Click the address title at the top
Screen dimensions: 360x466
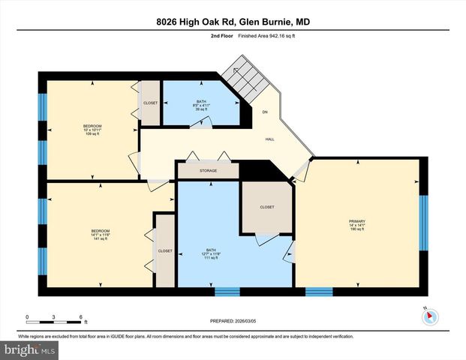point(233,22)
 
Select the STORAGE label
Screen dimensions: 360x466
point(208,171)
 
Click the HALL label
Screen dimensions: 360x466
point(269,139)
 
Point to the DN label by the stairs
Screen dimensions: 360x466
point(264,112)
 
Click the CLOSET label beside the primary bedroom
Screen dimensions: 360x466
point(267,207)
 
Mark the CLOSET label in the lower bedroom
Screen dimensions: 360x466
point(164,251)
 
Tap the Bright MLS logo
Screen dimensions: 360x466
point(30,350)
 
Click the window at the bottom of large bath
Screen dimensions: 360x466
point(227,291)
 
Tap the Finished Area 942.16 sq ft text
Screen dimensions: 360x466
point(260,35)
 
